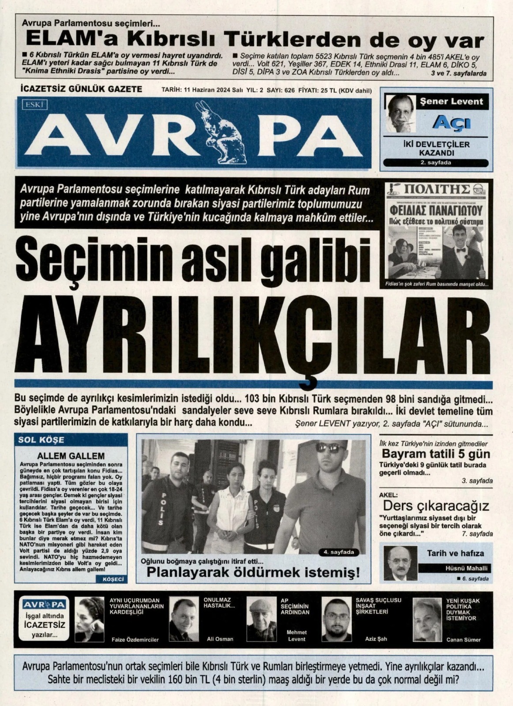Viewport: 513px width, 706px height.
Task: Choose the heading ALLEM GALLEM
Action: pos(71,456)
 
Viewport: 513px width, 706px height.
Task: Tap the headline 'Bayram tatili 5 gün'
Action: pos(436,454)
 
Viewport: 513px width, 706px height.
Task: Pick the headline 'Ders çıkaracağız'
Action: pos(436,506)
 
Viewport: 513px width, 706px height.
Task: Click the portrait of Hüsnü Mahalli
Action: pos(400,563)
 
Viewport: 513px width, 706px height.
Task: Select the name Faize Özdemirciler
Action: pos(135,639)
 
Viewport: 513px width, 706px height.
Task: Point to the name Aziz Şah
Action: pos(376,638)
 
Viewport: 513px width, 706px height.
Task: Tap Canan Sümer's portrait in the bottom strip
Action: pos(427,619)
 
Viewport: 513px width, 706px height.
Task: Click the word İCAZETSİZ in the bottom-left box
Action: pos(44,625)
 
